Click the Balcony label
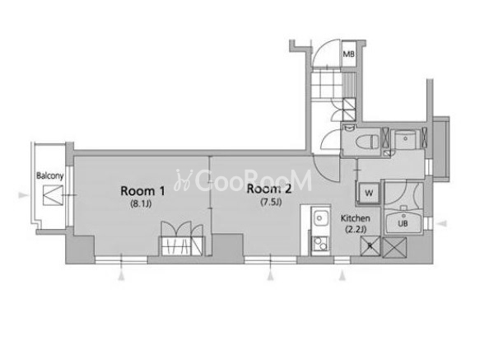click(x=50, y=175)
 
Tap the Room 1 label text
click(x=142, y=191)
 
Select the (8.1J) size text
click(x=141, y=204)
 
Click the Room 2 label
click(x=269, y=189)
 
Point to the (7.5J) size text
click(x=271, y=202)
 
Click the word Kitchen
click(x=356, y=218)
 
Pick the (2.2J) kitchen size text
click(x=356, y=229)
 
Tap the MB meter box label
click(x=349, y=54)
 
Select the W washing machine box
click(x=369, y=193)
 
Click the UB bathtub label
click(x=403, y=223)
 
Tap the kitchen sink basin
click(x=320, y=217)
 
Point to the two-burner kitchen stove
click(x=320, y=244)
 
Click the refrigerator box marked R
click(x=370, y=246)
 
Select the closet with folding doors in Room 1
click(x=182, y=239)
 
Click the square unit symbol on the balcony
click(x=53, y=195)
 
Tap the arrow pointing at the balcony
click(x=22, y=195)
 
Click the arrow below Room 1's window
click(x=121, y=276)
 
